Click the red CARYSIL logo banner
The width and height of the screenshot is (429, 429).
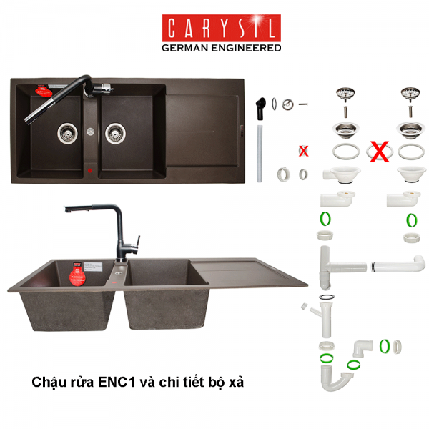222,28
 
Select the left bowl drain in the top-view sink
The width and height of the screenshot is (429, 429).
67,133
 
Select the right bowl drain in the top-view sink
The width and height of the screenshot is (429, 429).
115,133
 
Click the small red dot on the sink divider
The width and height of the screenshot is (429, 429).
90,171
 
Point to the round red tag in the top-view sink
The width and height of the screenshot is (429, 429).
44,91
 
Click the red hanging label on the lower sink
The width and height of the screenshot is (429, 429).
77,275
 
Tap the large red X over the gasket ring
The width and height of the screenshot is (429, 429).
380,152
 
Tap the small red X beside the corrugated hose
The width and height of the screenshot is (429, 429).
303,151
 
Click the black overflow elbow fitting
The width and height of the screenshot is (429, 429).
261,109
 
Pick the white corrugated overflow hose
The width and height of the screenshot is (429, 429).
260,154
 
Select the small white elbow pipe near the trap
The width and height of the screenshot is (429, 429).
363,348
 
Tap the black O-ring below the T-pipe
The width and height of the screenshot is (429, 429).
327,297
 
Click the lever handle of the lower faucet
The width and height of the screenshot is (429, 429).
138,242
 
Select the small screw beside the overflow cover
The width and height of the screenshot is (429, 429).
303,104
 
